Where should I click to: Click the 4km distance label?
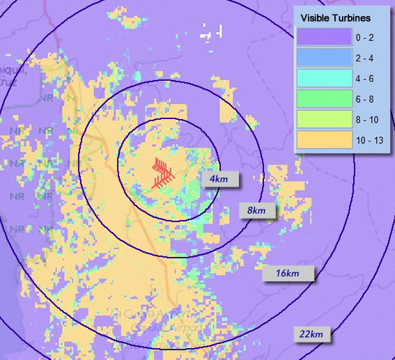point(220,179)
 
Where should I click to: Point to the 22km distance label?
point(311,334)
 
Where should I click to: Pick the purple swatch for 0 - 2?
point(323,36)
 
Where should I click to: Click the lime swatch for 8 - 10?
point(323,120)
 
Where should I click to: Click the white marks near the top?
point(212,32)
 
